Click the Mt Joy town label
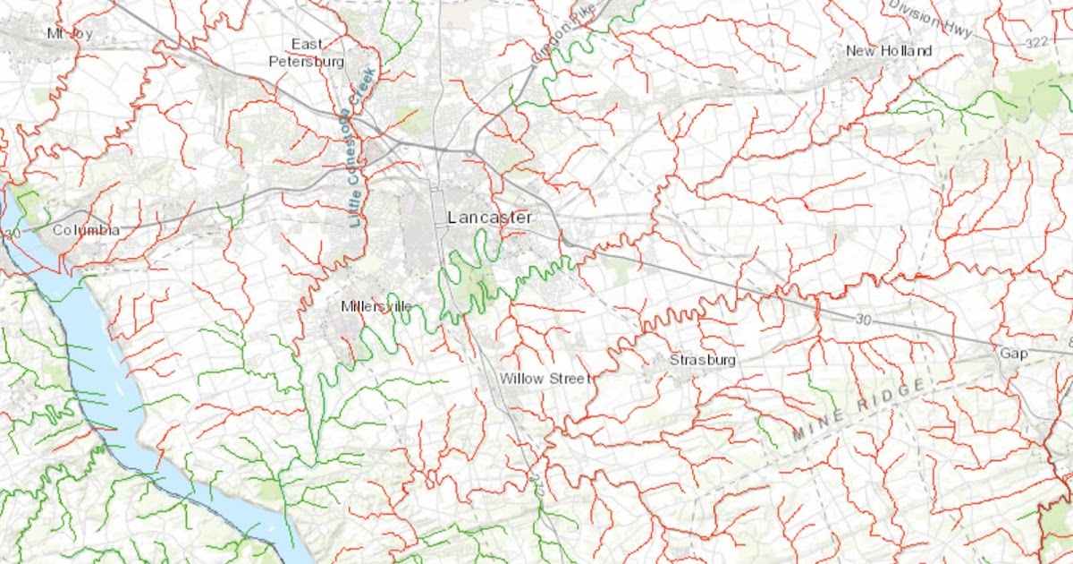click(x=70, y=33)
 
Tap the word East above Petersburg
click(x=307, y=45)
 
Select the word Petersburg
click(x=307, y=62)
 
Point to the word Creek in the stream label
click(x=365, y=88)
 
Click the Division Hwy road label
click(x=930, y=18)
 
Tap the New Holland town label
click(x=889, y=51)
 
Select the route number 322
click(x=1035, y=42)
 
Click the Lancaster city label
click(x=489, y=218)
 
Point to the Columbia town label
click(x=86, y=230)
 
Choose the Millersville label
click(x=376, y=306)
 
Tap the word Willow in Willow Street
click(x=521, y=379)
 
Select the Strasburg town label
click(x=702, y=360)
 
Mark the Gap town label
click(x=1013, y=354)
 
